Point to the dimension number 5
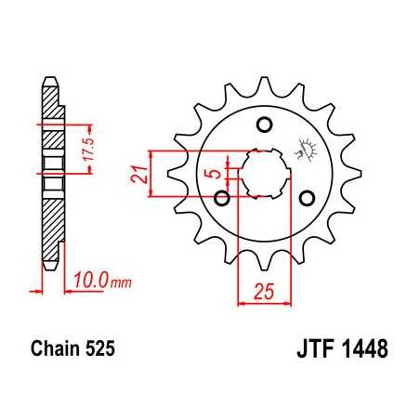[x=212, y=172]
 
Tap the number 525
[x=100, y=351]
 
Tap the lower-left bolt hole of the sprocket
[x=221, y=197]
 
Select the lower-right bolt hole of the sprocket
[x=305, y=197]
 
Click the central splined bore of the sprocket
[x=262, y=173]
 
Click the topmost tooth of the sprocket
[x=263, y=80]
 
